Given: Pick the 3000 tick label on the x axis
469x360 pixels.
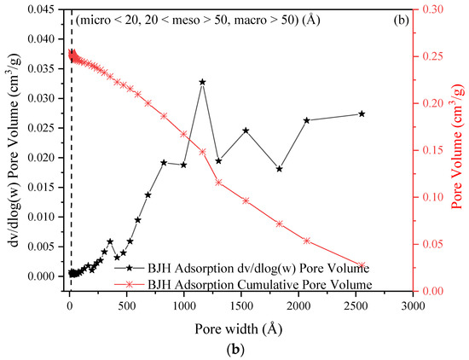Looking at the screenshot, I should point(413,305).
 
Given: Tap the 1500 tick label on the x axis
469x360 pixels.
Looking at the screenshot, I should point(241,305).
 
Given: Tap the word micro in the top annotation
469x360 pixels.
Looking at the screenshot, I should point(95,18).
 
